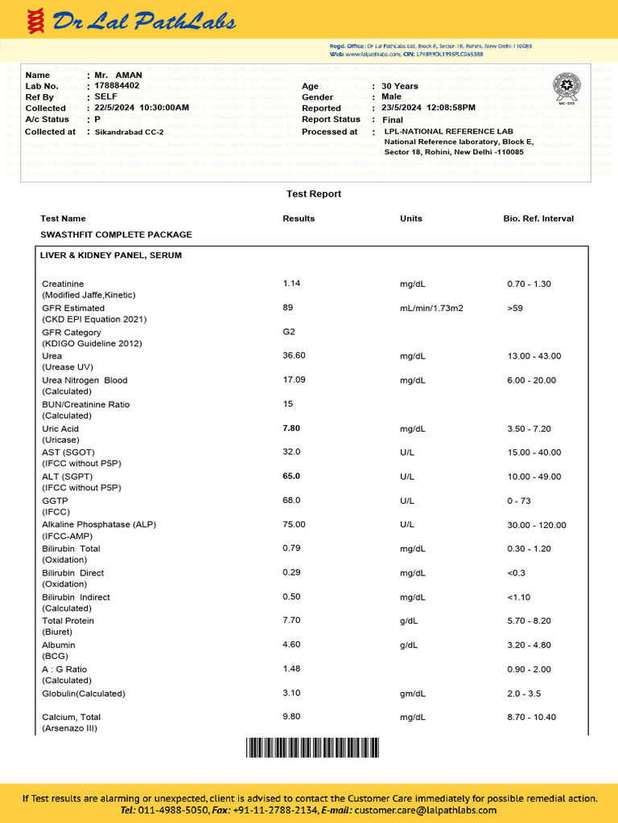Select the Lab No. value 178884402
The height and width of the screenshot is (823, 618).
[x=117, y=85]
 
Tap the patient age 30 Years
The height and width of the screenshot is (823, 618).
[x=400, y=86]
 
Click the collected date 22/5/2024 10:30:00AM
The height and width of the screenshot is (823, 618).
[x=142, y=108]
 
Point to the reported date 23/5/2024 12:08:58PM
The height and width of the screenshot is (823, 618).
[x=428, y=108]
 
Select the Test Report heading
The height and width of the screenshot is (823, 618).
[x=314, y=194]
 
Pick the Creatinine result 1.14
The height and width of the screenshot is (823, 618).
[x=291, y=283]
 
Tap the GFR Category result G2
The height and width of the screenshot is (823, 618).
[x=289, y=331]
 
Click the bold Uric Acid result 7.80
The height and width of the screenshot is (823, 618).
[x=291, y=428]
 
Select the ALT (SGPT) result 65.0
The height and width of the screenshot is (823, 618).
[x=291, y=476]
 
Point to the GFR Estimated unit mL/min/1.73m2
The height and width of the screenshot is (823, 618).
[x=431, y=308]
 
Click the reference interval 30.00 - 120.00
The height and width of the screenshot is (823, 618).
[x=536, y=525]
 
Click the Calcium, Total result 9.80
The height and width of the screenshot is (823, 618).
[x=291, y=717]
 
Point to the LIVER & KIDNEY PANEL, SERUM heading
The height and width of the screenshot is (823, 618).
[x=111, y=255]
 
